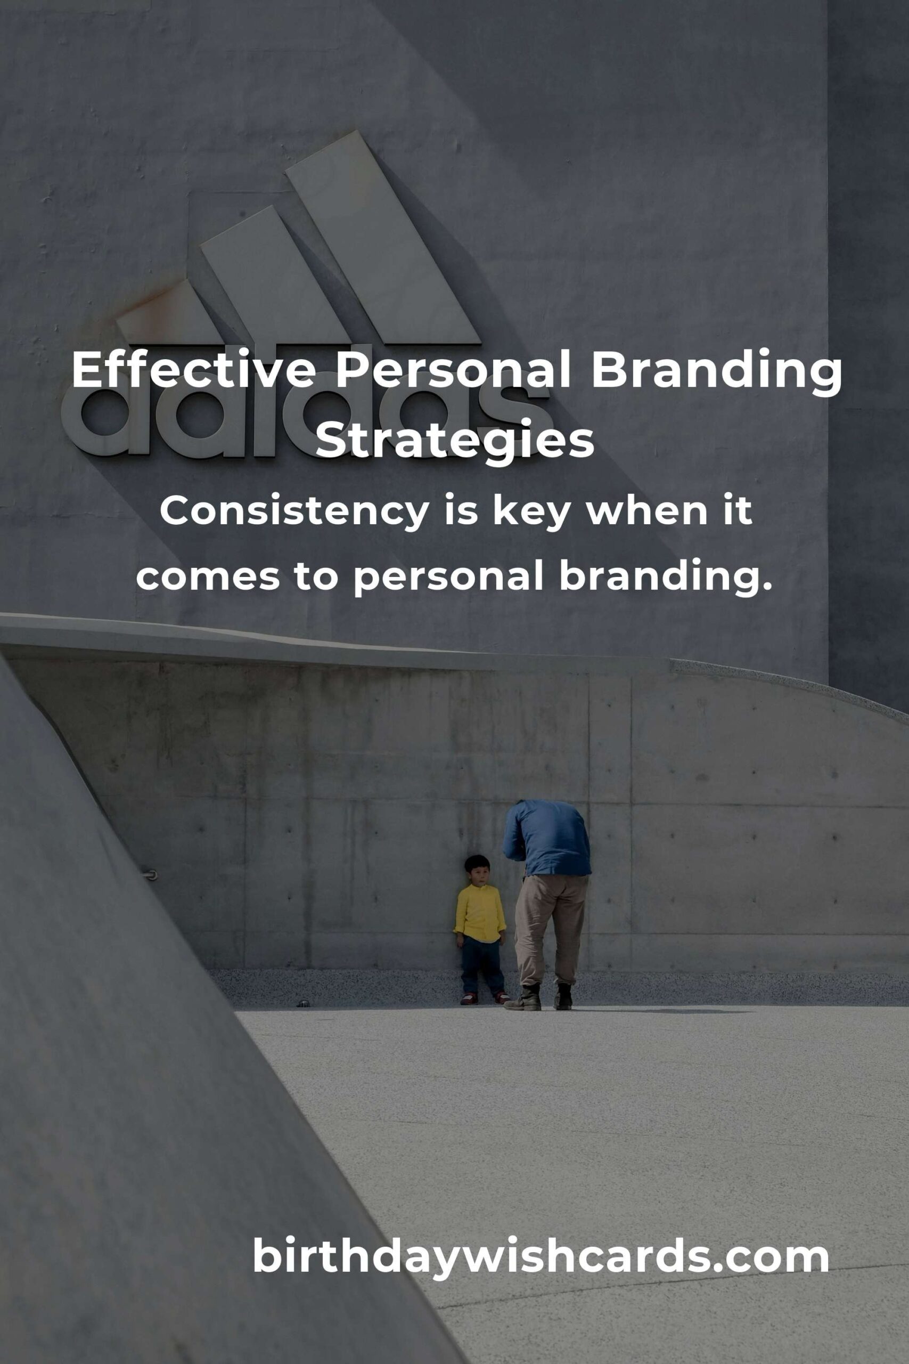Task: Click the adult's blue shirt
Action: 547,837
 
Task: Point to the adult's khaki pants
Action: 550,930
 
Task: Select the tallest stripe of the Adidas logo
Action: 383,237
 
